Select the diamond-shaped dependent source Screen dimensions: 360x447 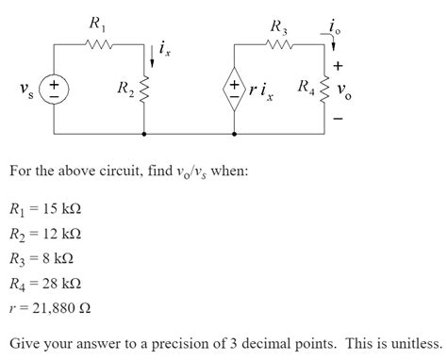(x=233, y=90)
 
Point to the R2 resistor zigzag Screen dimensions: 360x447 (x=144, y=90)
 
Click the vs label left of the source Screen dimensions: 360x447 (x=25, y=90)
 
